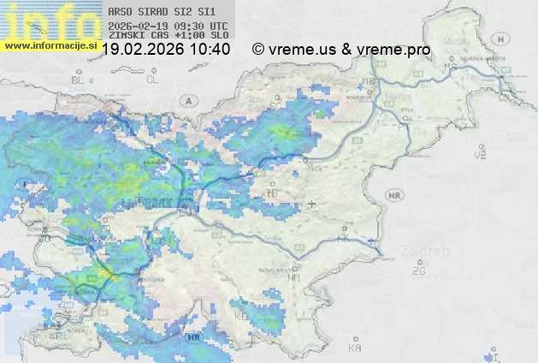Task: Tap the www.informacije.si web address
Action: [x=49, y=45]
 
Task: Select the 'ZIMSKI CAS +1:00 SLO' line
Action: [x=168, y=36]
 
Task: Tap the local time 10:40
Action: [x=210, y=50]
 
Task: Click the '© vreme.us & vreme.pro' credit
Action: [x=341, y=50]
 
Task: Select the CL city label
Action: [x=153, y=80]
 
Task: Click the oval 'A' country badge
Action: [x=187, y=100]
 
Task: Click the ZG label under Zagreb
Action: [x=418, y=271]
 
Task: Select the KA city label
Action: [x=355, y=348]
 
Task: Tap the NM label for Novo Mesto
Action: [x=294, y=277]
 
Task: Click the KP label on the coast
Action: [x=56, y=336]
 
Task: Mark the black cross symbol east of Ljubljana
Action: [x=311, y=204]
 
